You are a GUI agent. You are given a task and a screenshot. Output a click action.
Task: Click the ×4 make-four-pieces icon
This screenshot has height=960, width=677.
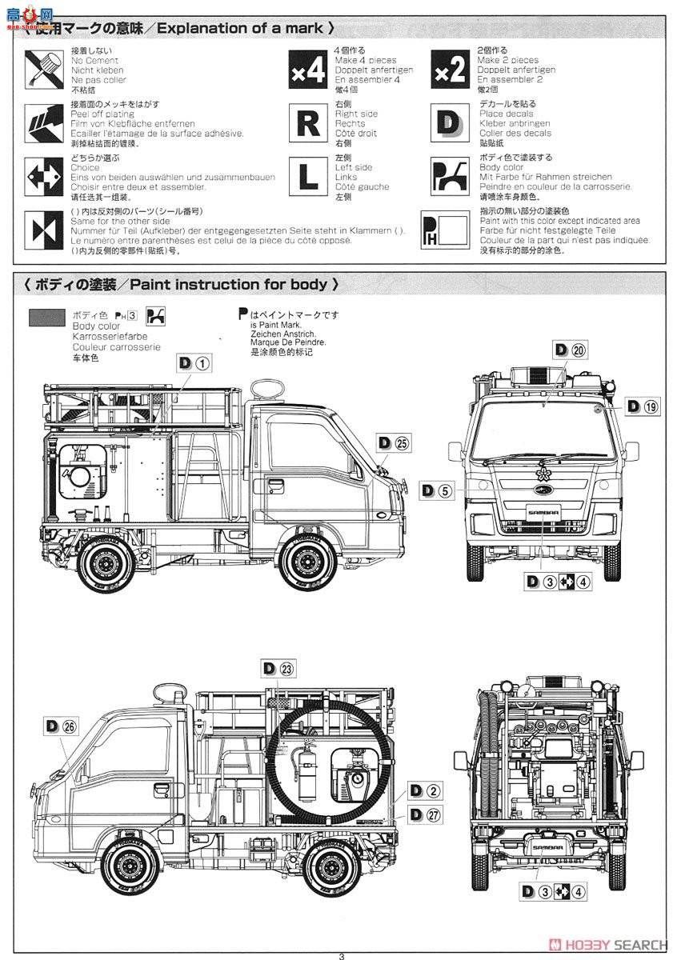tap(307, 70)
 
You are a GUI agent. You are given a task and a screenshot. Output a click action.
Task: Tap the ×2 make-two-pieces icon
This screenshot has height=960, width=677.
tap(449, 70)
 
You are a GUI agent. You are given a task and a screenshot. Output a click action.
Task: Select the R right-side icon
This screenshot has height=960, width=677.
tap(307, 124)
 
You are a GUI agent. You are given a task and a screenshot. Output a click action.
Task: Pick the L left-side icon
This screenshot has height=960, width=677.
tap(307, 177)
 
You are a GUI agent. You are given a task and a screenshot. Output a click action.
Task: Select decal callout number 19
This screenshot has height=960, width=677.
tap(652, 406)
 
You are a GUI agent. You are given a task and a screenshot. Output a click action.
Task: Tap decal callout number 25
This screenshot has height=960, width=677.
tap(402, 443)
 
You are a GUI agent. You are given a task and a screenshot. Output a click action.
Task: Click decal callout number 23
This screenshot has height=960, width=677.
tap(286, 669)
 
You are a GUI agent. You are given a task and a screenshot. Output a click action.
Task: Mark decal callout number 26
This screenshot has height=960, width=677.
tap(70, 726)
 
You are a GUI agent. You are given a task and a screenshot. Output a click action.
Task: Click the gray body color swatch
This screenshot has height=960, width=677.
tap(46, 318)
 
